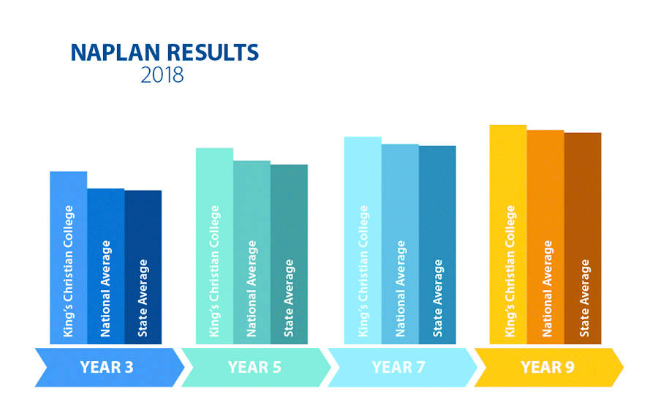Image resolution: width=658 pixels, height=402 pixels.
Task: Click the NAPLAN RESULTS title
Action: (164, 53)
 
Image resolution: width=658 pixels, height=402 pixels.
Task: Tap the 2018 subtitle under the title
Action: (162, 75)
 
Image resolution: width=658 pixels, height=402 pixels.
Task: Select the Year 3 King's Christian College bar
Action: (69, 258)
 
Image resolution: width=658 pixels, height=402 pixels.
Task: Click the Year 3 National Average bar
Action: (106, 267)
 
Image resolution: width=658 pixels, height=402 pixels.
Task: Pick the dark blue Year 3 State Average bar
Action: (143, 268)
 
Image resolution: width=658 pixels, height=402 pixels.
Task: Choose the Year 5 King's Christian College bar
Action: (214, 246)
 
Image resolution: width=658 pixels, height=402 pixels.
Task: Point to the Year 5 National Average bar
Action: (252, 252)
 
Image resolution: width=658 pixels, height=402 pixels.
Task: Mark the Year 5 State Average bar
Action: (289, 254)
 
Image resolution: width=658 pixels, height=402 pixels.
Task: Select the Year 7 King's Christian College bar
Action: (363, 240)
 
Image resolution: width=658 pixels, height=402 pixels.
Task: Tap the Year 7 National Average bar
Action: (400, 244)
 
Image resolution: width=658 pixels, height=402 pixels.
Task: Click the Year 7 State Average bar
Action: (437, 245)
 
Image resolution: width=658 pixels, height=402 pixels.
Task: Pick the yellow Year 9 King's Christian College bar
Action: (508, 235)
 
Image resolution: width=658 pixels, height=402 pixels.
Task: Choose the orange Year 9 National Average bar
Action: (545, 237)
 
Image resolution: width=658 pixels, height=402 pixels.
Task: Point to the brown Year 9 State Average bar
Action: (583, 238)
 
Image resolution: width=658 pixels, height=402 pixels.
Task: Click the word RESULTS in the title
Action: (213, 53)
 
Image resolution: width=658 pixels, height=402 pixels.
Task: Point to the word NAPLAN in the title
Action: (116, 53)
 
